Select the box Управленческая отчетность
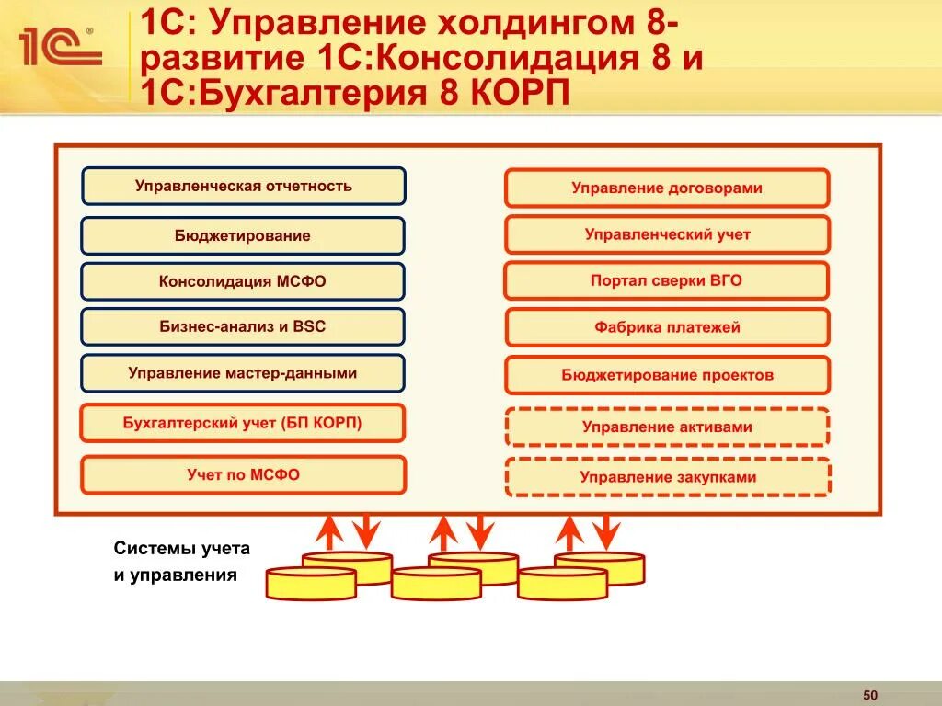(x=243, y=186)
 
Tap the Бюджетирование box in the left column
(x=243, y=235)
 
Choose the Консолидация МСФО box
(x=243, y=281)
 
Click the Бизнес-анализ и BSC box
(x=243, y=326)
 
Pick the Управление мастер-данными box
(x=243, y=373)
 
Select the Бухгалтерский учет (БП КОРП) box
(x=243, y=423)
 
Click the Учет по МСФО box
(x=243, y=474)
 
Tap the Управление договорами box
(x=667, y=188)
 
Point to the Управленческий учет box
(x=667, y=234)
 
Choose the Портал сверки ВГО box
(x=667, y=280)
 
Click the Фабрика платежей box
(x=667, y=326)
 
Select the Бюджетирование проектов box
(x=667, y=375)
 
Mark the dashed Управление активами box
(x=667, y=427)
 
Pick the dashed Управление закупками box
(x=667, y=477)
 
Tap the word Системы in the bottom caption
(x=148, y=548)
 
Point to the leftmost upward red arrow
(x=327, y=533)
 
